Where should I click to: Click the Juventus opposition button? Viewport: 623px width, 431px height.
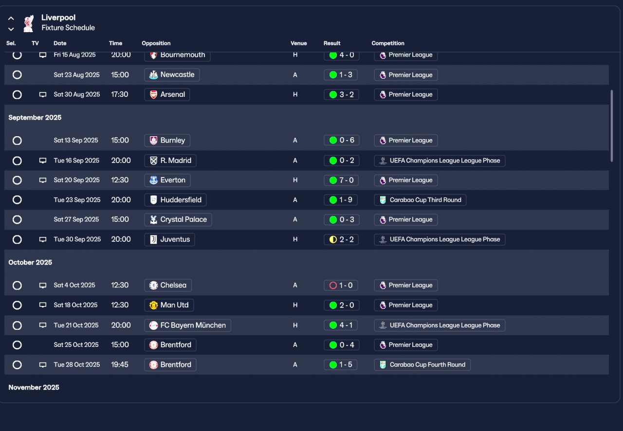point(169,239)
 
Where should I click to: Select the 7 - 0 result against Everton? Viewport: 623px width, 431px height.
point(341,180)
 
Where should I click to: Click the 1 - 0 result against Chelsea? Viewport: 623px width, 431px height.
point(341,286)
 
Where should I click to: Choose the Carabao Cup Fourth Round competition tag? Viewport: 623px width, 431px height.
point(422,365)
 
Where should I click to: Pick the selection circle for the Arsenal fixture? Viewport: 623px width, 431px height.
point(17,95)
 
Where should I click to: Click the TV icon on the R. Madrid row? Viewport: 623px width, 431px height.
point(43,161)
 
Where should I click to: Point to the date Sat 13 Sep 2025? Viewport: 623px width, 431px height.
point(76,141)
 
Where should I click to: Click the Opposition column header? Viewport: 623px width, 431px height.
point(156,43)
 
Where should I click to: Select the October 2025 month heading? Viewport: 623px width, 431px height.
point(30,263)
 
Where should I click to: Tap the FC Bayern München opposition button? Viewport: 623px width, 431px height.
point(187,325)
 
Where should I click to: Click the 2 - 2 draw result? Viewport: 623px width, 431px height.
point(341,239)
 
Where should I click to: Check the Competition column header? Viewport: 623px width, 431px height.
point(388,43)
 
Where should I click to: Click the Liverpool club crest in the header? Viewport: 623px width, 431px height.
point(28,23)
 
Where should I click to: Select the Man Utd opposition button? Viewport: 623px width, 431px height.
point(169,305)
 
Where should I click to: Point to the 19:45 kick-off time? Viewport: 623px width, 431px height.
point(120,365)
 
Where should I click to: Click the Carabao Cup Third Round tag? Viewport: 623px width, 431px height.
point(420,200)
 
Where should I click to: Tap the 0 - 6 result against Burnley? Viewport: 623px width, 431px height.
point(341,141)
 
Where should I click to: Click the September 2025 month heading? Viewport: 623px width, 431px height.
point(35,118)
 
